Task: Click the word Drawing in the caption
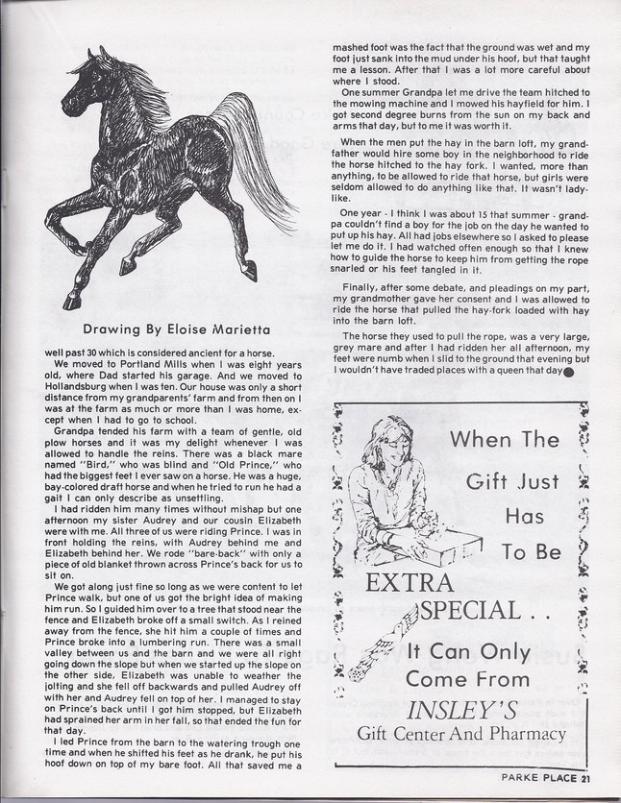pyautogui.click(x=115, y=327)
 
